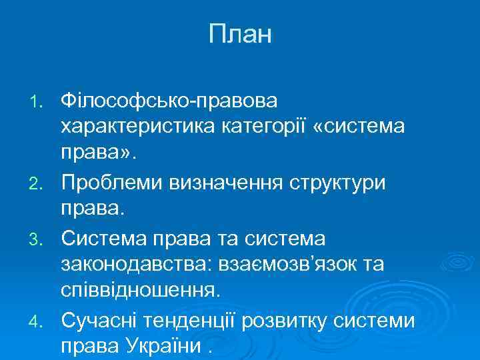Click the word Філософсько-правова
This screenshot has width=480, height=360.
(171, 101)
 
